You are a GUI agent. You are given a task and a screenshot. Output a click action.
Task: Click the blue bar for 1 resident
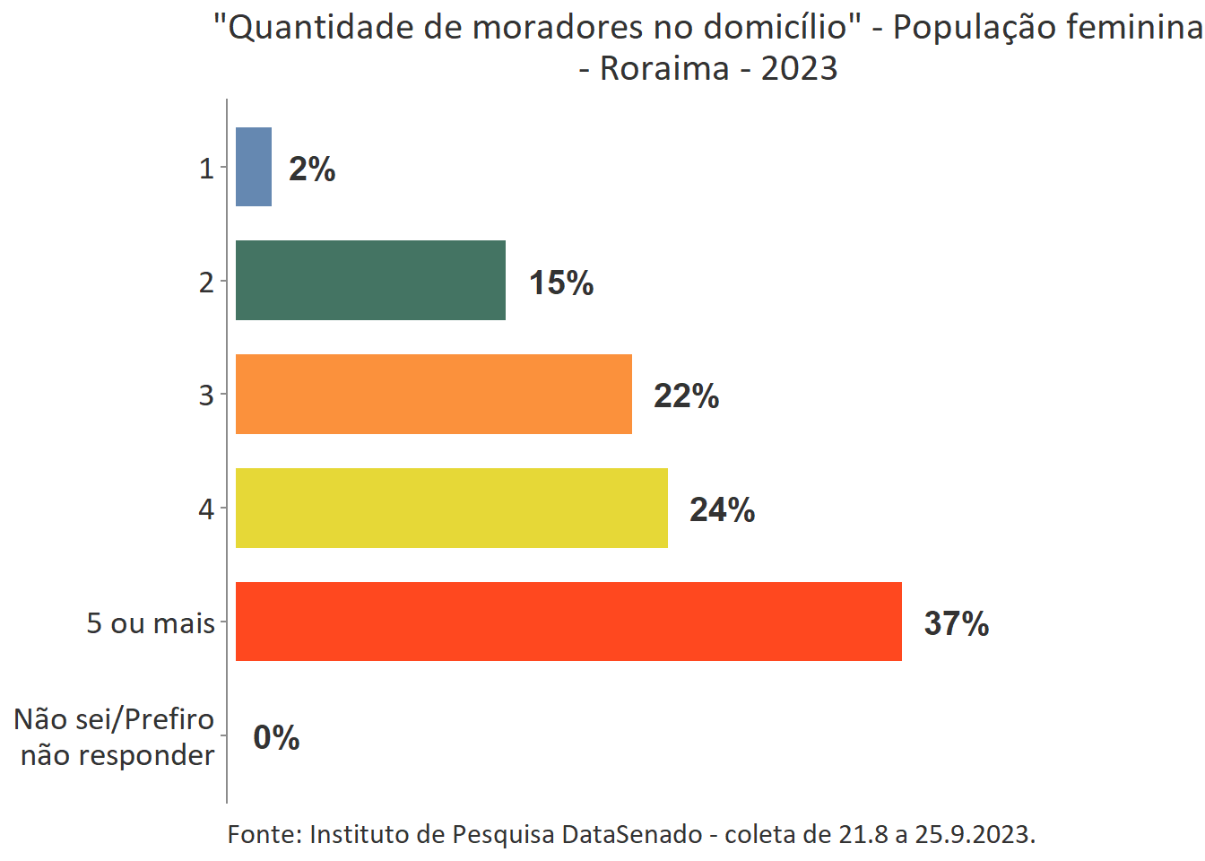click(x=254, y=167)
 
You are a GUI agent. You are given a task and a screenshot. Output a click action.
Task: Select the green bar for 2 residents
click(x=370, y=280)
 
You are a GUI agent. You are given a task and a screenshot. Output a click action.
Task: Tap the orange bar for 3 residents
click(x=434, y=394)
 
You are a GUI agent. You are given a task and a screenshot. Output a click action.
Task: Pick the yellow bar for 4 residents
click(x=452, y=508)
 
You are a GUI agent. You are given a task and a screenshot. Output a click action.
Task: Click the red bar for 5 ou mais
click(x=568, y=622)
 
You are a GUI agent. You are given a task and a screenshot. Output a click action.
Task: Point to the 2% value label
click(x=312, y=169)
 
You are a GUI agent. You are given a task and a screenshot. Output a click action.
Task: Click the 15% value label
click(x=561, y=283)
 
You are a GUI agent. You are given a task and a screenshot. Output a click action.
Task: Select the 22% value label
click(x=686, y=396)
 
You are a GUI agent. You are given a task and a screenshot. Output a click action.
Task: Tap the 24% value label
click(x=722, y=509)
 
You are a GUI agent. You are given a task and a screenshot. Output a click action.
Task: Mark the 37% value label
click(x=957, y=623)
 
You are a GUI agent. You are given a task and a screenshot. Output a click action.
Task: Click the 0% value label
click(x=276, y=737)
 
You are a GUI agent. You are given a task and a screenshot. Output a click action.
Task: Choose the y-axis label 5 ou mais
click(x=151, y=622)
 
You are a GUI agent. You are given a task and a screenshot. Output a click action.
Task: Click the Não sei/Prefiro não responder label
click(x=115, y=737)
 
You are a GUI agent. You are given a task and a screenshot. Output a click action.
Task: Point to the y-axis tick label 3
click(x=206, y=395)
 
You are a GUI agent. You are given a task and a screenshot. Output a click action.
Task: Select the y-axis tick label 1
click(x=206, y=168)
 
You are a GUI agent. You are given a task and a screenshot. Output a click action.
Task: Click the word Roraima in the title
click(x=664, y=68)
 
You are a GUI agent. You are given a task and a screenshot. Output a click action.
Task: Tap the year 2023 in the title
click(x=799, y=68)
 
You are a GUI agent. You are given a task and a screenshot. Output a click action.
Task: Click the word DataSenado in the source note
click(x=632, y=834)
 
